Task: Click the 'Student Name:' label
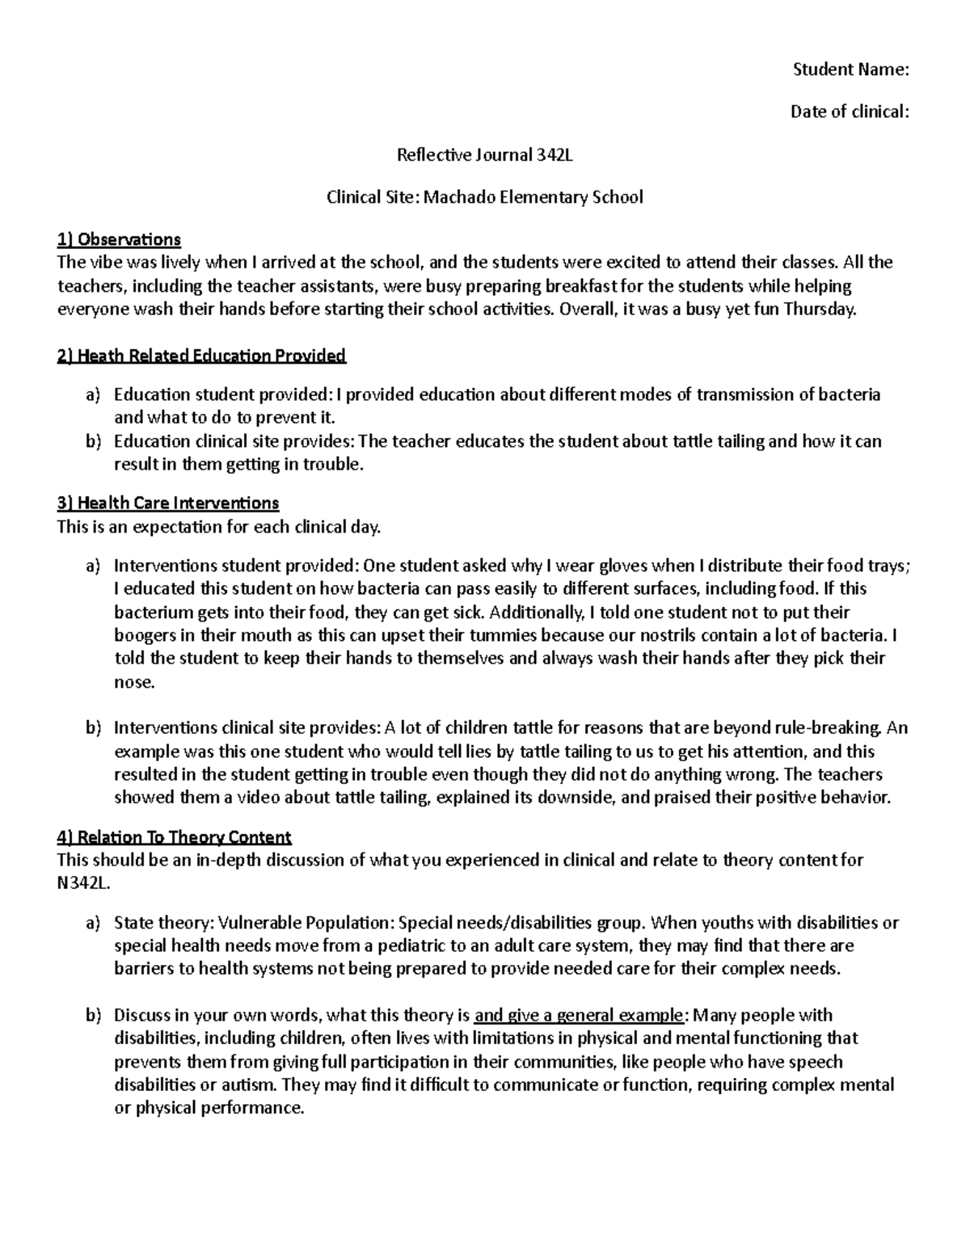pos(850,69)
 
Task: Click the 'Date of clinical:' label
pos(850,112)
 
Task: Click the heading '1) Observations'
pos(119,239)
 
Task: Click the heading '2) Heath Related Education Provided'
pos(201,356)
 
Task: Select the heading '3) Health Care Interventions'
pos(168,503)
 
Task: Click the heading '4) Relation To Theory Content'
pos(174,836)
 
